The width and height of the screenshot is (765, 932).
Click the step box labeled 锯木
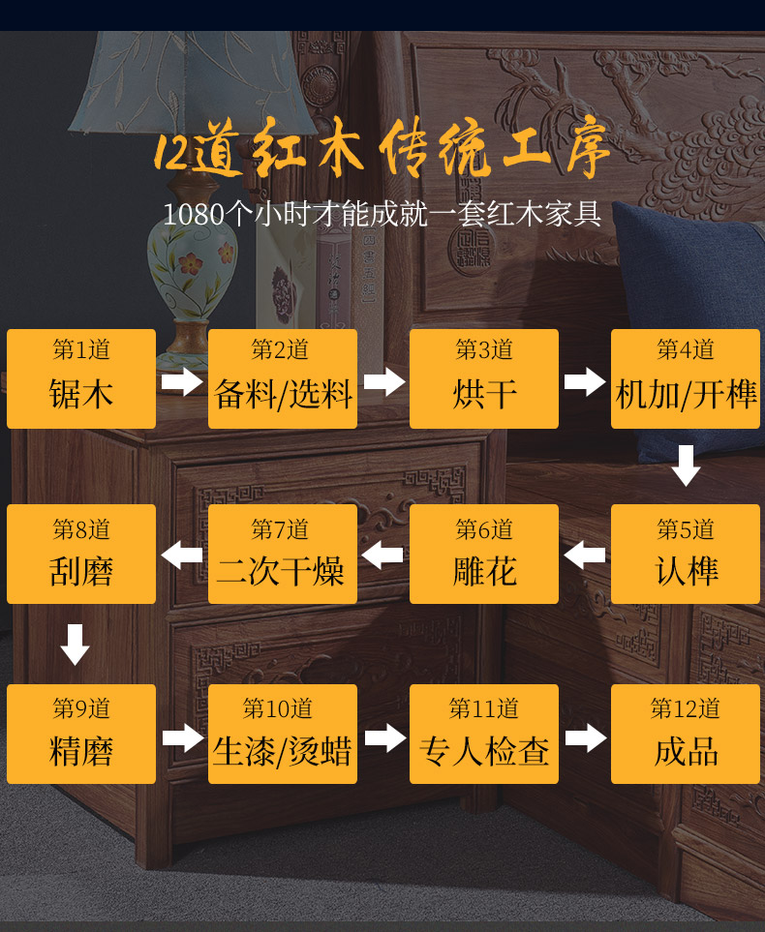[x=81, y=378]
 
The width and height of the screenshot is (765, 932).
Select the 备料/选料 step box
[x=283, y=378]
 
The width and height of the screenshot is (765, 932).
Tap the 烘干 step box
[x=484, y=378]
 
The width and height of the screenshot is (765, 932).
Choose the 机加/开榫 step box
[x=686, y=378]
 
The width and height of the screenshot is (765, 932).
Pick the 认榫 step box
[x=686, y=555]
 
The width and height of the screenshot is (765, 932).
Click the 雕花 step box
[x=484, y=555]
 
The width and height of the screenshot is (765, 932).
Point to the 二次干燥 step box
[x=283, y=555]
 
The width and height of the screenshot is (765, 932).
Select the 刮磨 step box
[x=81, y=555]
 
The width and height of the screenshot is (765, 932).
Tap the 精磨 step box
[x=81, y=735]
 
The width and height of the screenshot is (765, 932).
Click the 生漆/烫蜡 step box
[x=283, y=735]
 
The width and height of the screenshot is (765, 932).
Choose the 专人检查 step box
[x=484, y=735]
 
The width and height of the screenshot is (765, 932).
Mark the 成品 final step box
[x=686, y=735]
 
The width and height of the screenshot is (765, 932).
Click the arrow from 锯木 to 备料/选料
[x=182, y=381]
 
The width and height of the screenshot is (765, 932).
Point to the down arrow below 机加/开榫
[x=686, y=466]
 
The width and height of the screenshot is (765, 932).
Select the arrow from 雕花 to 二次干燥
[x=383, y=556]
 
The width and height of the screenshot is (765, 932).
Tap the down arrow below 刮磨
[x=75, y=645]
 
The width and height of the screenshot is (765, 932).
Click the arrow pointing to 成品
[x=585, y=737]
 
